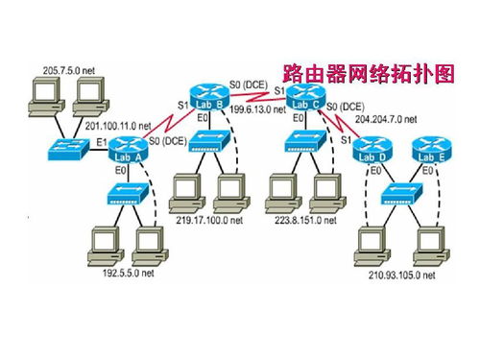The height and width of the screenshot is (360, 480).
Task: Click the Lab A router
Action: pyautogui.click(x=129, y=149)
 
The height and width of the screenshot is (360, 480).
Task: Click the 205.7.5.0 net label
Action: pyautogui.click(x=70, y=69)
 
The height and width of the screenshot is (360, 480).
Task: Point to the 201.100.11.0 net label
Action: pyautogui.click(x=119, y=126)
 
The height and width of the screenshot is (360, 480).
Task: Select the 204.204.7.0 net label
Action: pyautogui.click(x=386, y=121)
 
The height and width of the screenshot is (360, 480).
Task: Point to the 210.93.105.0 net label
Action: pyautogui.click(x=402, y=276)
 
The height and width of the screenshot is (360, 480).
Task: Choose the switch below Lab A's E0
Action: pyautogui.click(x=129, y=194)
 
